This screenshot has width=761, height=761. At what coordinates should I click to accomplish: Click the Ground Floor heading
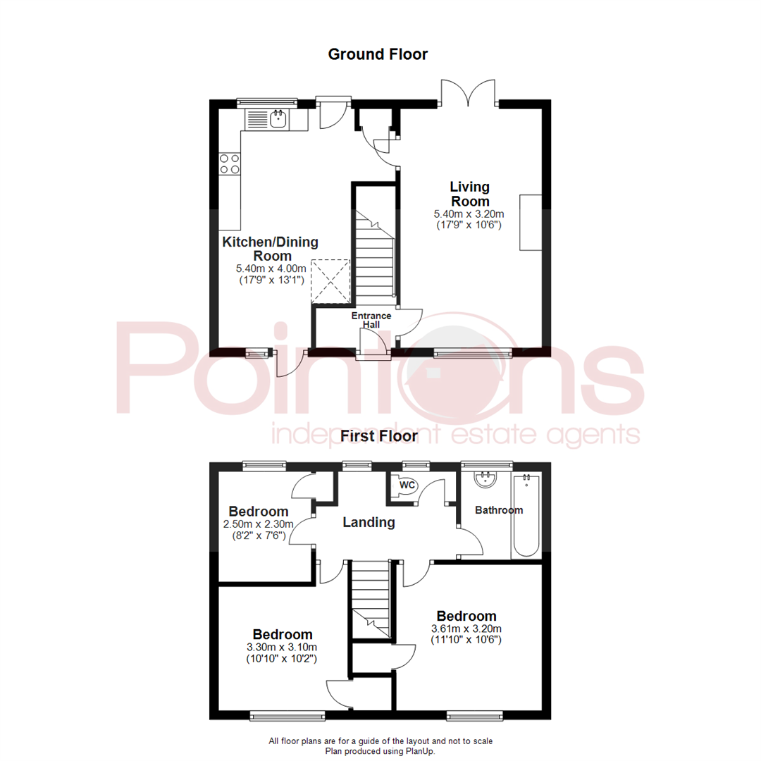(x=378, y=54)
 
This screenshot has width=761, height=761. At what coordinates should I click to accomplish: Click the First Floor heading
(x=378, y=436)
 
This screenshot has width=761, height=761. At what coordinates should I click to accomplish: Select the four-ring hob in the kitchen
(x=230, y=164)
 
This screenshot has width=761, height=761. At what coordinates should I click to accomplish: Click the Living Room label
(x=470, y=194)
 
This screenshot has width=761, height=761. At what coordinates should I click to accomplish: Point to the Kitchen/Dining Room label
(x=271, y=249)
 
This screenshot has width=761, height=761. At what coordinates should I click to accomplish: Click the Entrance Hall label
(x=371, y=320)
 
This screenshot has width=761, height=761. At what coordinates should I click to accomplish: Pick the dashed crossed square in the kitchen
(x=330, y=282)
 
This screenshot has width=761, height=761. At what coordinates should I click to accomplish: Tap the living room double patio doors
(x=469, y=94)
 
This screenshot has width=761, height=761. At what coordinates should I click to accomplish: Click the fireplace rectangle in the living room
(x=531, y=222)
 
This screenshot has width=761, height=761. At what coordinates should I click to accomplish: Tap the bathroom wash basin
(x=485, y=479)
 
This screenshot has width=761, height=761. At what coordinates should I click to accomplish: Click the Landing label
(x=369, y=522)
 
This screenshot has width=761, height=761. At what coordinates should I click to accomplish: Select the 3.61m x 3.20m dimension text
(x=466, y=629)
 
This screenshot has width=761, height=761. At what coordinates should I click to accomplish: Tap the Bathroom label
(x=499, y=510)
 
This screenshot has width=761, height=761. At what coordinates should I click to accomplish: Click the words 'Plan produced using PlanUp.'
(x=380, y=751)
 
